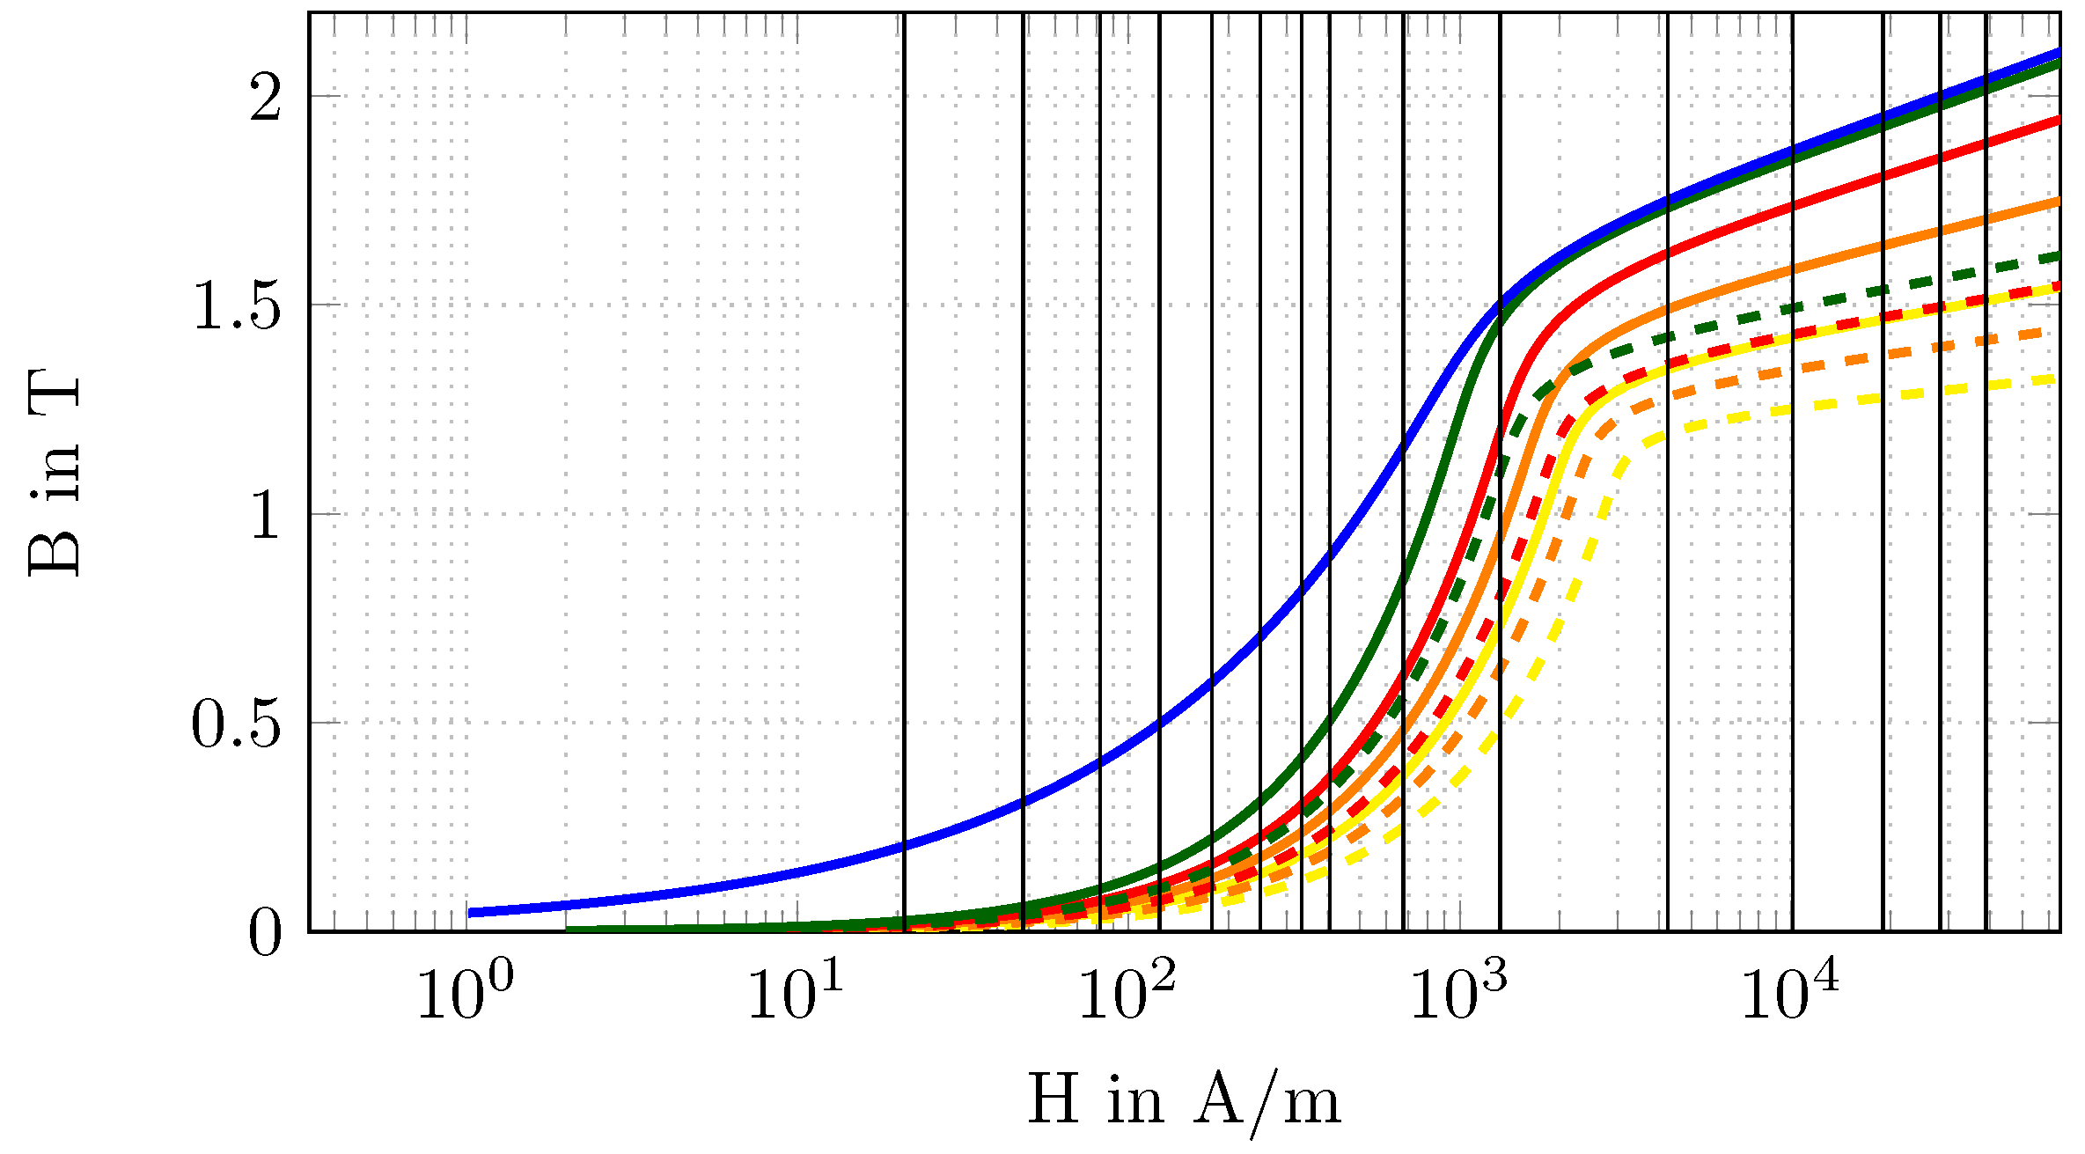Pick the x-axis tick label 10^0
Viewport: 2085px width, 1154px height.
tap(464, 992)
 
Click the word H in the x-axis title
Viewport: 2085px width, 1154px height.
tap(1054, 1099)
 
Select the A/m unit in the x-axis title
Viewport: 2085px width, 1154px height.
tap(1267, 1101)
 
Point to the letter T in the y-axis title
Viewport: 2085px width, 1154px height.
tap(55, 401)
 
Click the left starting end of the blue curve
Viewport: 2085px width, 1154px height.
tap(472, 913)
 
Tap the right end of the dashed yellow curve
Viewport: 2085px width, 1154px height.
tap(2056, 379)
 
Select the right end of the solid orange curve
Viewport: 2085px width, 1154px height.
tap(2057, 202)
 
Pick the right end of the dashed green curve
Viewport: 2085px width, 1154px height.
tap(2057, 255)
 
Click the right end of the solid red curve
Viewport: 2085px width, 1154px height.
tap(2057, 119)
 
